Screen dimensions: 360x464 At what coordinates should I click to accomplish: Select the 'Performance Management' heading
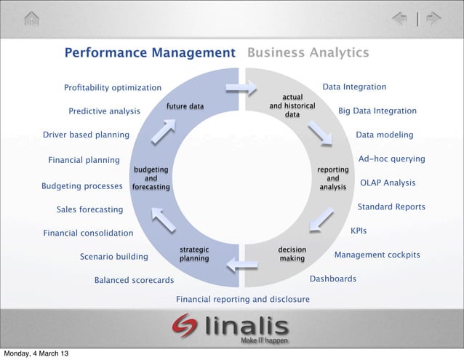tap(150, 53)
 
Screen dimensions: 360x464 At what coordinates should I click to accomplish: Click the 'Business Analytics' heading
tap(308, 53)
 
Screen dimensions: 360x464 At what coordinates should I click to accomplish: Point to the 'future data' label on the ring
tap(185, 106)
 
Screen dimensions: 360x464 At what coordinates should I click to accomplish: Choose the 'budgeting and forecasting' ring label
tap(151, 178)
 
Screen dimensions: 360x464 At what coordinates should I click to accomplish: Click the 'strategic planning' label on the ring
tap(194, 254)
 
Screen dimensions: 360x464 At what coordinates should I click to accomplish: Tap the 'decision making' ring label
tap(292, 254)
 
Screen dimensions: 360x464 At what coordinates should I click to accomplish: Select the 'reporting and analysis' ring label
tap(333, 178)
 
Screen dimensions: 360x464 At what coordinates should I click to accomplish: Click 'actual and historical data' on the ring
tap(292, 106)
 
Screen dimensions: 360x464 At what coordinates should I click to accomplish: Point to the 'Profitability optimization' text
tap(113, 88)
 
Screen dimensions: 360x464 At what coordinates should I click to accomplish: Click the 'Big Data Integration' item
tap(377, 111)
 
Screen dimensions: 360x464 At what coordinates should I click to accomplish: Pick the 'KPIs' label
tap(359, 231)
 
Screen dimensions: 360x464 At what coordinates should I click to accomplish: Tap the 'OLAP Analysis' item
tap(388, 183)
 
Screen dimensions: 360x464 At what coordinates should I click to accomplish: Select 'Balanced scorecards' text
tap(134, 280)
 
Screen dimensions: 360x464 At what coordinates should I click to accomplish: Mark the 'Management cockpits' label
tap(377, 255)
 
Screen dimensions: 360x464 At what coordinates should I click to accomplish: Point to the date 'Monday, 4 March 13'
tap(36, 353)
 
